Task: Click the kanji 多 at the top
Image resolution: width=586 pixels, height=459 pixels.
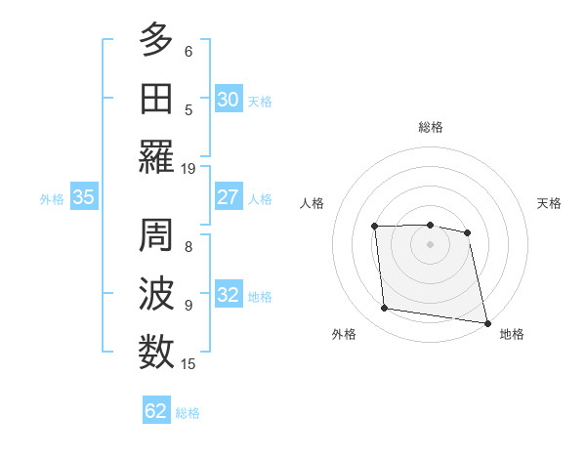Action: point(156,42)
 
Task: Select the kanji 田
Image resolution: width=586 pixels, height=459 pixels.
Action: point(156,100)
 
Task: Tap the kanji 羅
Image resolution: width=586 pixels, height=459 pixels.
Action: point(156,156)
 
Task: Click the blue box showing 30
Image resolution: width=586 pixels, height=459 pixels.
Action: point(229,100)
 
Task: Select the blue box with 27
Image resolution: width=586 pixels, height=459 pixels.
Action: point(229,197)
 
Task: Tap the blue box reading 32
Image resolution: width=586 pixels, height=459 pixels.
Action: point(229,295)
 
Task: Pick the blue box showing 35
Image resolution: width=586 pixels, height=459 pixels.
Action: point(84,197)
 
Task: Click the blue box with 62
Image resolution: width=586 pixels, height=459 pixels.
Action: point(156,411)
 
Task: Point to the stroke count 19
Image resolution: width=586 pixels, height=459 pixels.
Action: point(188,168)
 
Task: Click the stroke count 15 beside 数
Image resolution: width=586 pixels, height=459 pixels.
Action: point(188,364)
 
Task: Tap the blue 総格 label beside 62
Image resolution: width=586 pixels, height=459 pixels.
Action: point(188,413)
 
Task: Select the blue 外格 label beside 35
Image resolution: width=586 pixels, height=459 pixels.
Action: point(52,199)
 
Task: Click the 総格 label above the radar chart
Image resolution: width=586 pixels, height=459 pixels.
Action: point(431,127)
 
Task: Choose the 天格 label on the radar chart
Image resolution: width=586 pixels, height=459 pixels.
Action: point(549,203)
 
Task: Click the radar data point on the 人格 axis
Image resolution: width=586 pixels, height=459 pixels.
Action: point(375,228)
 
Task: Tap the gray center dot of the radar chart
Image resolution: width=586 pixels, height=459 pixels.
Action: point(431,244)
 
